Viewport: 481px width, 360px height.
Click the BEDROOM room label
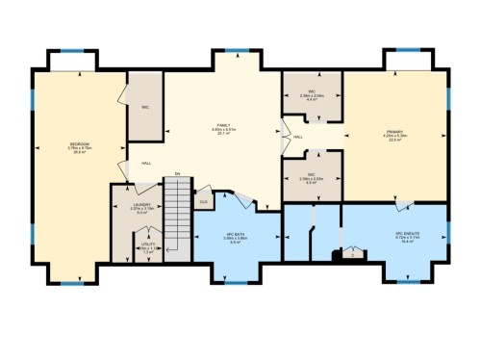[x=80, y=146]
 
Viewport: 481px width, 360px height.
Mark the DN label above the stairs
[x=177, y=174]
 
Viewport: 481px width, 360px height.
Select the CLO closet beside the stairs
[x=204, y=201]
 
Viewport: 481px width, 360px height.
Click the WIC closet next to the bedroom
[x=144, y=107]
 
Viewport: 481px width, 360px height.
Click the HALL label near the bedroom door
[x=146, y=163]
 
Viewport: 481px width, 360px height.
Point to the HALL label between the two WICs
[x=298, y=137]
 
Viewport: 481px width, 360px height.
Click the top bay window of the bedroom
[x=72, y=50]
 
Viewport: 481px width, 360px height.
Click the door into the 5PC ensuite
[x=405, y=204]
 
